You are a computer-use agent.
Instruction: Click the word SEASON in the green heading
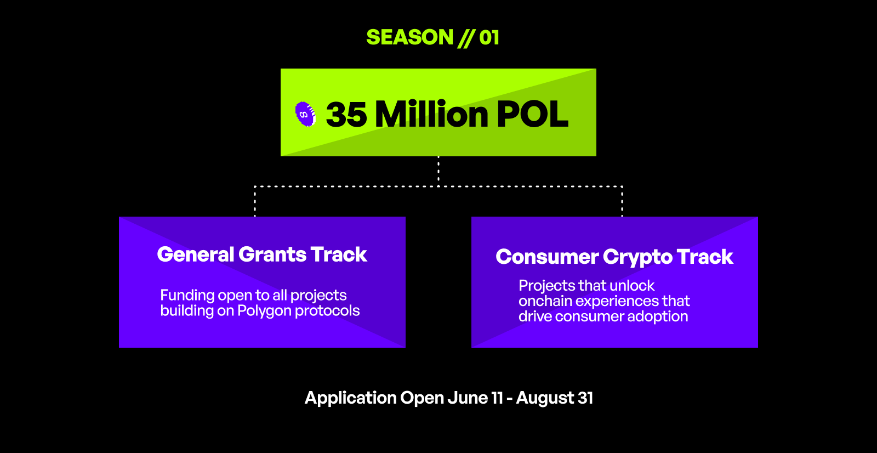pos(409,38)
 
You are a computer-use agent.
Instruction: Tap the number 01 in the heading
pos(489,38)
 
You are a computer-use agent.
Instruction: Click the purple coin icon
pos(305,114)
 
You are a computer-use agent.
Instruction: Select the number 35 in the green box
pos(346,115)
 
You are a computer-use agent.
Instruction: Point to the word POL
pos(532,114)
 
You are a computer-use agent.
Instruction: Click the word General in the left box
pos(195,254)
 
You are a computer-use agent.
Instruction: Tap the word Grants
pos(272,254)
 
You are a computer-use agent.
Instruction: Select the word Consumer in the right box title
pos(547,257)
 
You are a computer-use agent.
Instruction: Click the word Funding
pos(187,295)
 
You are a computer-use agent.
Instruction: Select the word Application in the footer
pos(350,398)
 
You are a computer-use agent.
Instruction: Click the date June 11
pos(475,398)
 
